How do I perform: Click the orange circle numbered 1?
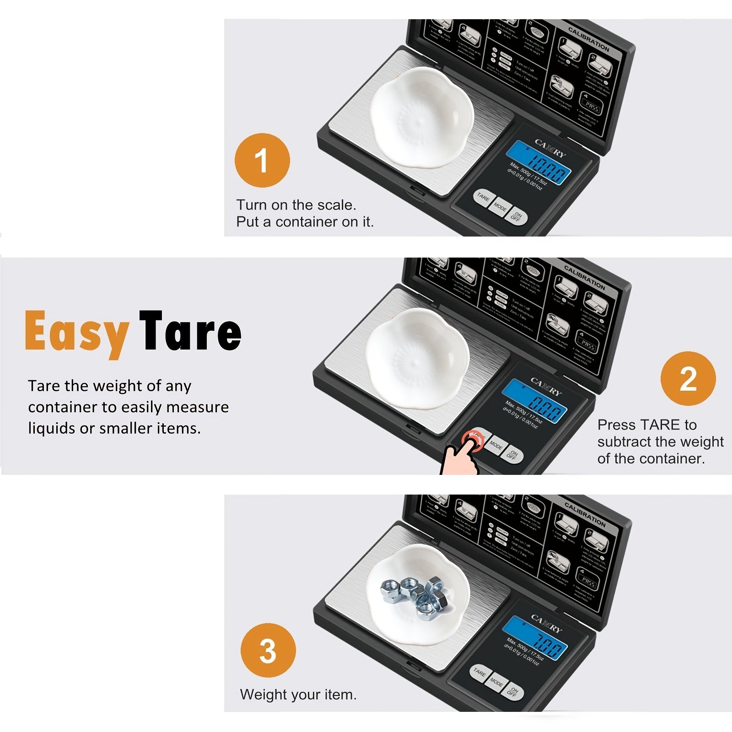coord(262,161)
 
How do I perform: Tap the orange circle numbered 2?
coord(688,379)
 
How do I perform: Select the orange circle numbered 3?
coord(268,651)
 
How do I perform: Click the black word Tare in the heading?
coord(190,331)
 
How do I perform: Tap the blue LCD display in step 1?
coord(541,162)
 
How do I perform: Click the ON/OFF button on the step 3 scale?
coord(514,692)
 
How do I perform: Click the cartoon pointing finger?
coord(460,457)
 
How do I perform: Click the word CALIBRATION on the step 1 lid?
coord(589,39)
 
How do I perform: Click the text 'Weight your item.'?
coord(298,694)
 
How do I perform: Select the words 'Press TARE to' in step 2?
coord(646,425)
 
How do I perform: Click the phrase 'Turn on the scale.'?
coord(296,205)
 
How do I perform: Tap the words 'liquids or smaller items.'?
coord(114,428)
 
